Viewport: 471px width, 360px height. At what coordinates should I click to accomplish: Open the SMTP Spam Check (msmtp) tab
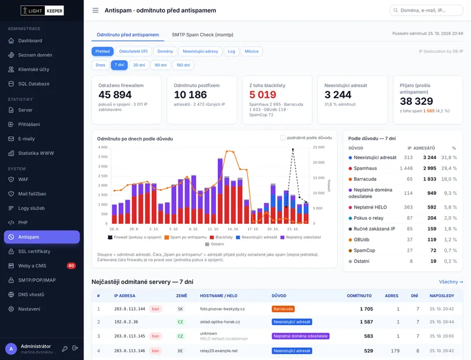click(203, 35)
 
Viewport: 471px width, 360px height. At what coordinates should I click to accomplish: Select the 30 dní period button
click(139, 65)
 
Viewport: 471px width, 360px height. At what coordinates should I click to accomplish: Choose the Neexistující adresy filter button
click(200, 51)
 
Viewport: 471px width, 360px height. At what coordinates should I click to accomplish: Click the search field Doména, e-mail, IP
click(426, 10)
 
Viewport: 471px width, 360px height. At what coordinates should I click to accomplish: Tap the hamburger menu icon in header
click(95, 11)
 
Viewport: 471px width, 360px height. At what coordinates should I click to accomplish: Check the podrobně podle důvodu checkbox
click(283, 138)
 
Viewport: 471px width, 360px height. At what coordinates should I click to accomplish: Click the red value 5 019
click(263, 95)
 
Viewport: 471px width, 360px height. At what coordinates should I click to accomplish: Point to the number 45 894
click(115, 95)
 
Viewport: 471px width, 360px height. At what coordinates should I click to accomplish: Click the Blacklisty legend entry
click(221, 237)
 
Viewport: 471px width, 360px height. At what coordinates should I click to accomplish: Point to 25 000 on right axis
click(319, 147)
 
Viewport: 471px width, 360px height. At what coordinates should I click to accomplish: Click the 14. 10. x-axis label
click(233, 229)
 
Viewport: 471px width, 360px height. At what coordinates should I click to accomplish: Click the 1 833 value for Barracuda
click(430, 179)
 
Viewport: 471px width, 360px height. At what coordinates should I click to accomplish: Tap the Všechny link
click(451, 282)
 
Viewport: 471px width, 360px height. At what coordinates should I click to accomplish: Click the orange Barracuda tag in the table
click(283, 309)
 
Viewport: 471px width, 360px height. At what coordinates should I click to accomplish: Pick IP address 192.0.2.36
click(126, 322)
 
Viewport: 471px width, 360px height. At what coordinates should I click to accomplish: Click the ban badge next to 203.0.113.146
click(155, 351)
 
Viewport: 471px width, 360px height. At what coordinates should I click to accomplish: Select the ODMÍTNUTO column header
click(359, 296)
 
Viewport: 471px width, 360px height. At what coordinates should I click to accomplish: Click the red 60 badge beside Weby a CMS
click(71, 266)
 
